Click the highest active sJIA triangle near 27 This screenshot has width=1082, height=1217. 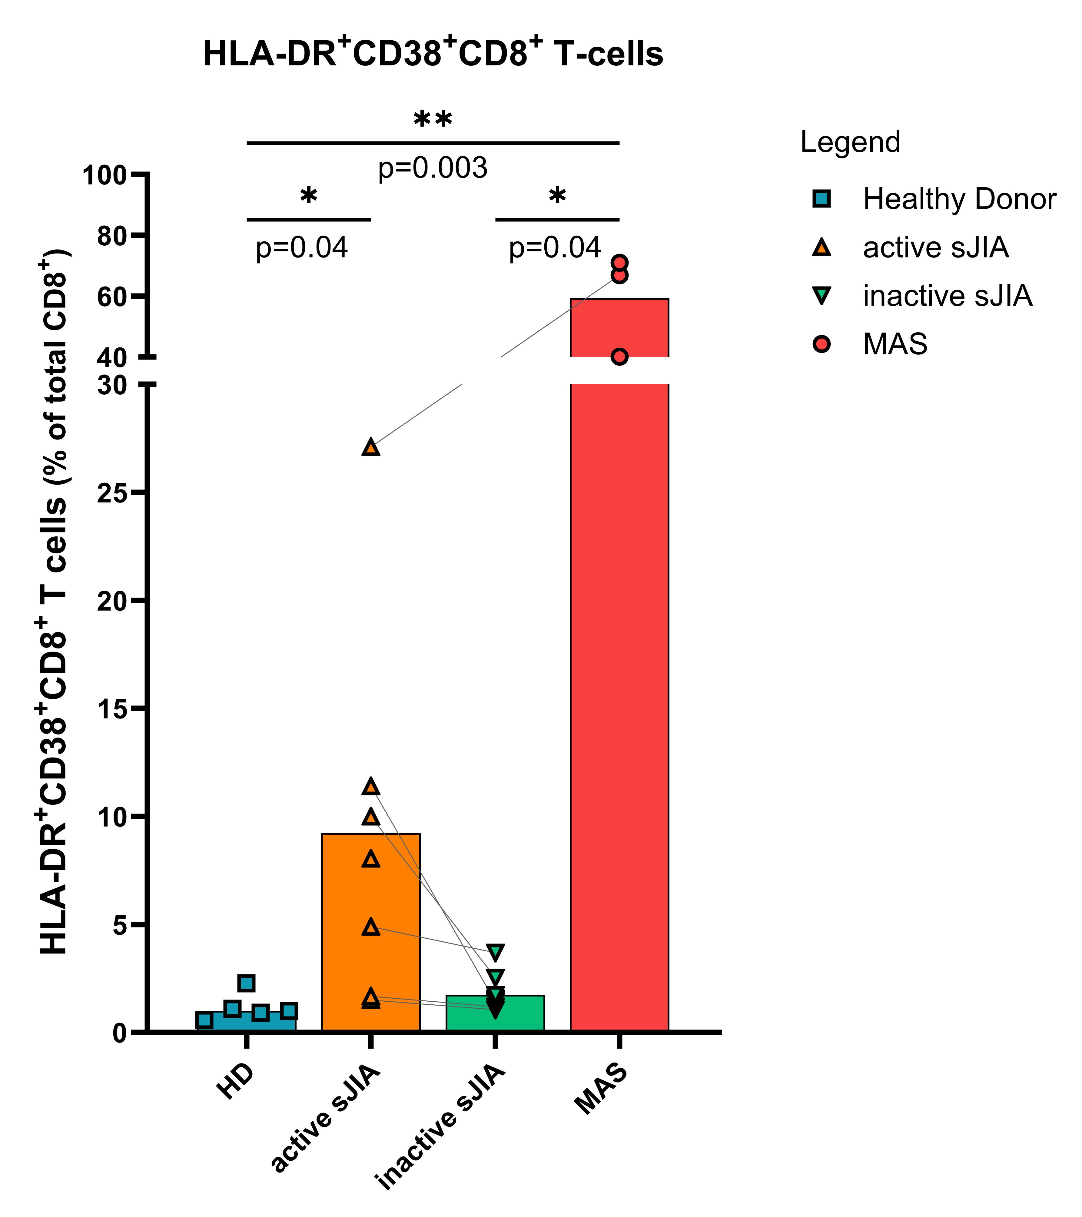coord(370,447)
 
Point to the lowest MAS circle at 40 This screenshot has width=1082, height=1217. coord(619,356)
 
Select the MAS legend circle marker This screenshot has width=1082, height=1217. coord(822,344)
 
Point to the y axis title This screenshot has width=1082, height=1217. coord(55,601)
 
